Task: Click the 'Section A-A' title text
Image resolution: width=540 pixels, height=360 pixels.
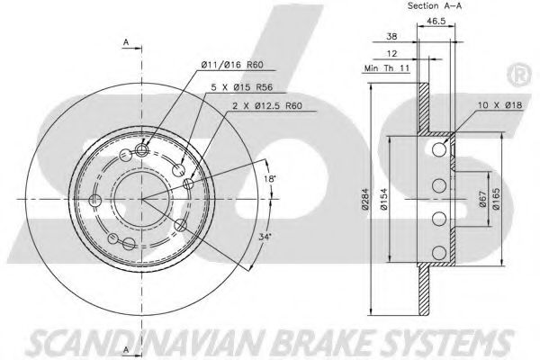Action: (x=435, y=6)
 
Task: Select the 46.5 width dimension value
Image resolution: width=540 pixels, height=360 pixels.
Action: (x=436, y=21)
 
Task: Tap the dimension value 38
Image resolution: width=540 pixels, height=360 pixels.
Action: (x=391, y=36)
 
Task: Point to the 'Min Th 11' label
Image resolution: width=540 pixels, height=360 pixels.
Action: (x=387, y=68)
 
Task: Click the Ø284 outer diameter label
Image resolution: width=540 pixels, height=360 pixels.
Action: (x=365, y=199)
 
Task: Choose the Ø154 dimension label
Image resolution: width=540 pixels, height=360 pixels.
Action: (x=384, y=199)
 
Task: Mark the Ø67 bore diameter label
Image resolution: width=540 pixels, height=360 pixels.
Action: (x=482, y=199)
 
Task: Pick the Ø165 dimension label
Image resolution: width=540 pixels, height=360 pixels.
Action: (x=496, y=199)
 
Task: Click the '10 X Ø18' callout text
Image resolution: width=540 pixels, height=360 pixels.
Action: (x=500, y=105)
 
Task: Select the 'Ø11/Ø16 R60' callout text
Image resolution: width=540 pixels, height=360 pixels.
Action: (x=232, y=65)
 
